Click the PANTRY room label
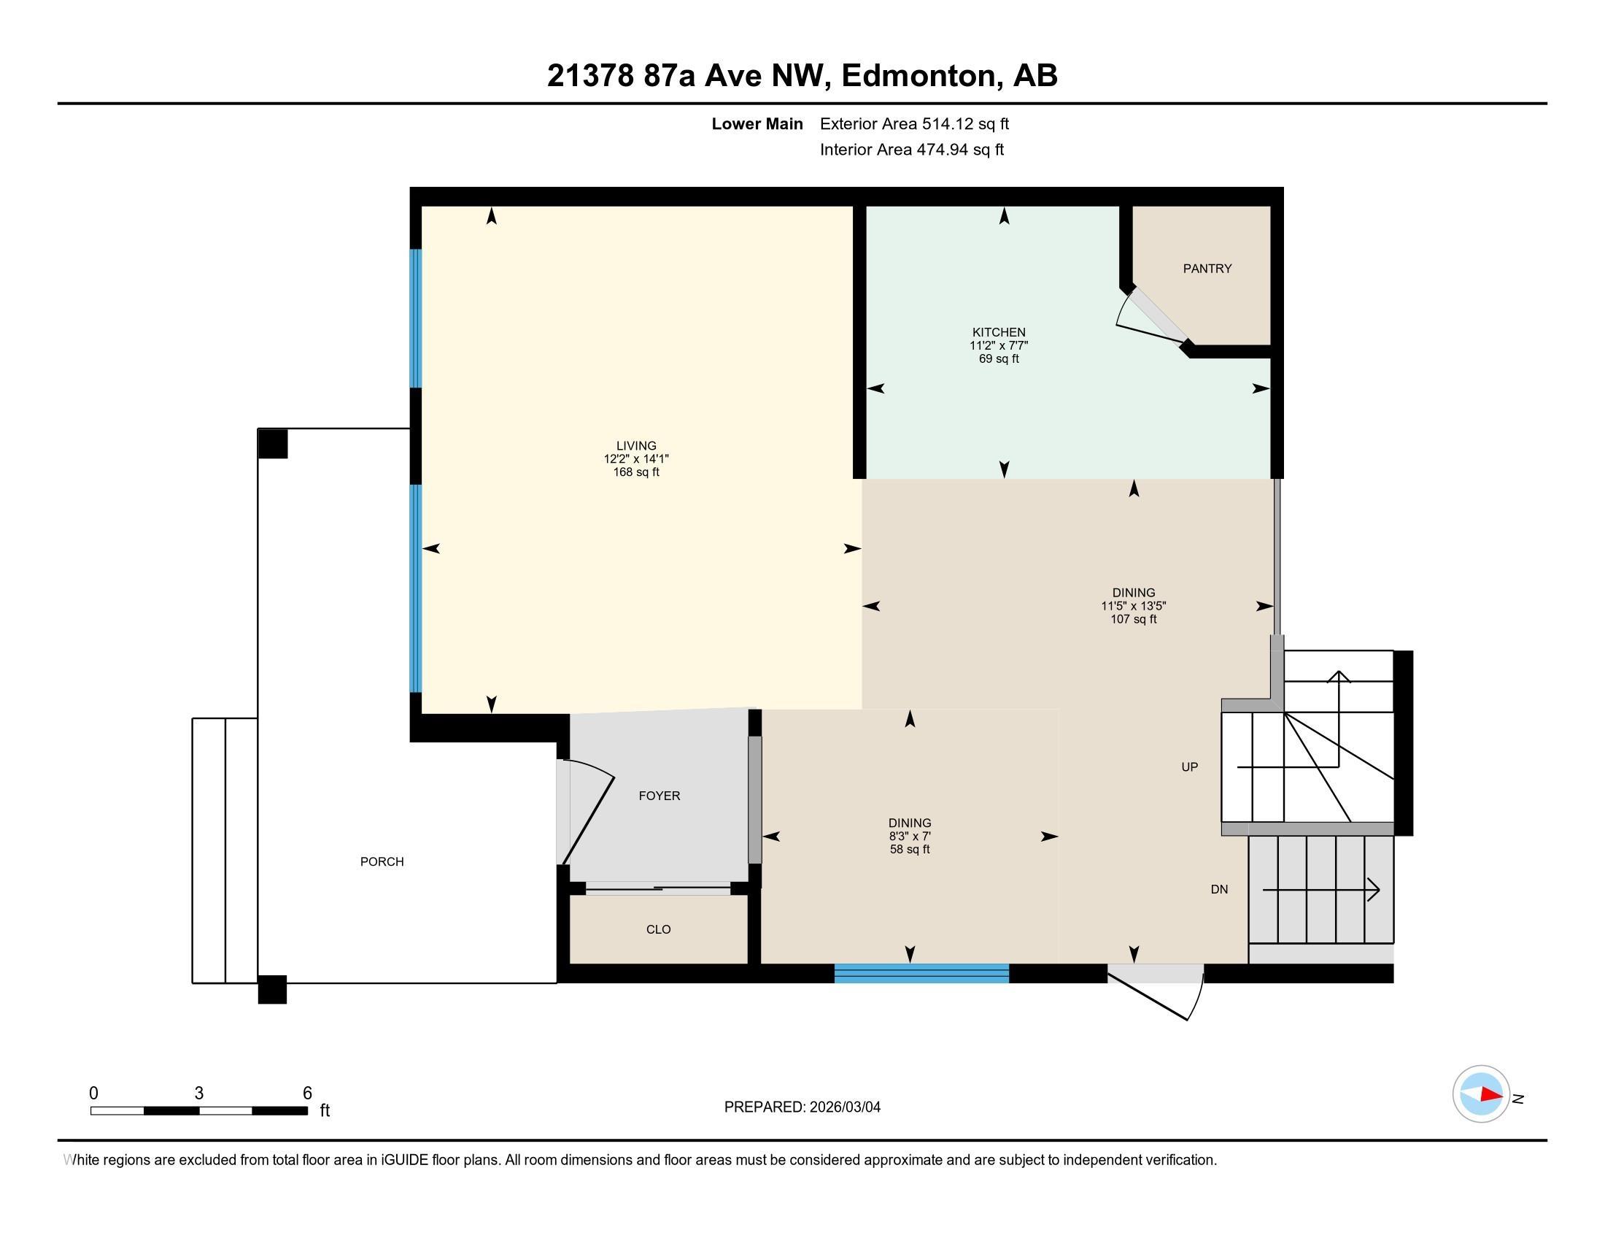pos(1207,269)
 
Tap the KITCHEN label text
pos(999,332)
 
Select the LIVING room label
pos(635,445)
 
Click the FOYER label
pos(660,796)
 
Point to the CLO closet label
pos(658,929)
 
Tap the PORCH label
pos(382,861)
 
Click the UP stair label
pos(1189,766)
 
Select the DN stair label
pos(1219,890)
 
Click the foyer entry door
pos(587,812)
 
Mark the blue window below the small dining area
pos(921,975)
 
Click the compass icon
pos(1480,1094)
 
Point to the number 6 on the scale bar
pos(307,1093)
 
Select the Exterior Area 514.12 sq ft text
pos(914,123)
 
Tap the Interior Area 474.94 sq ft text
pos(911,150)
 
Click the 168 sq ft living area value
pos(635,472)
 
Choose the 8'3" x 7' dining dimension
pos(910,837)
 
